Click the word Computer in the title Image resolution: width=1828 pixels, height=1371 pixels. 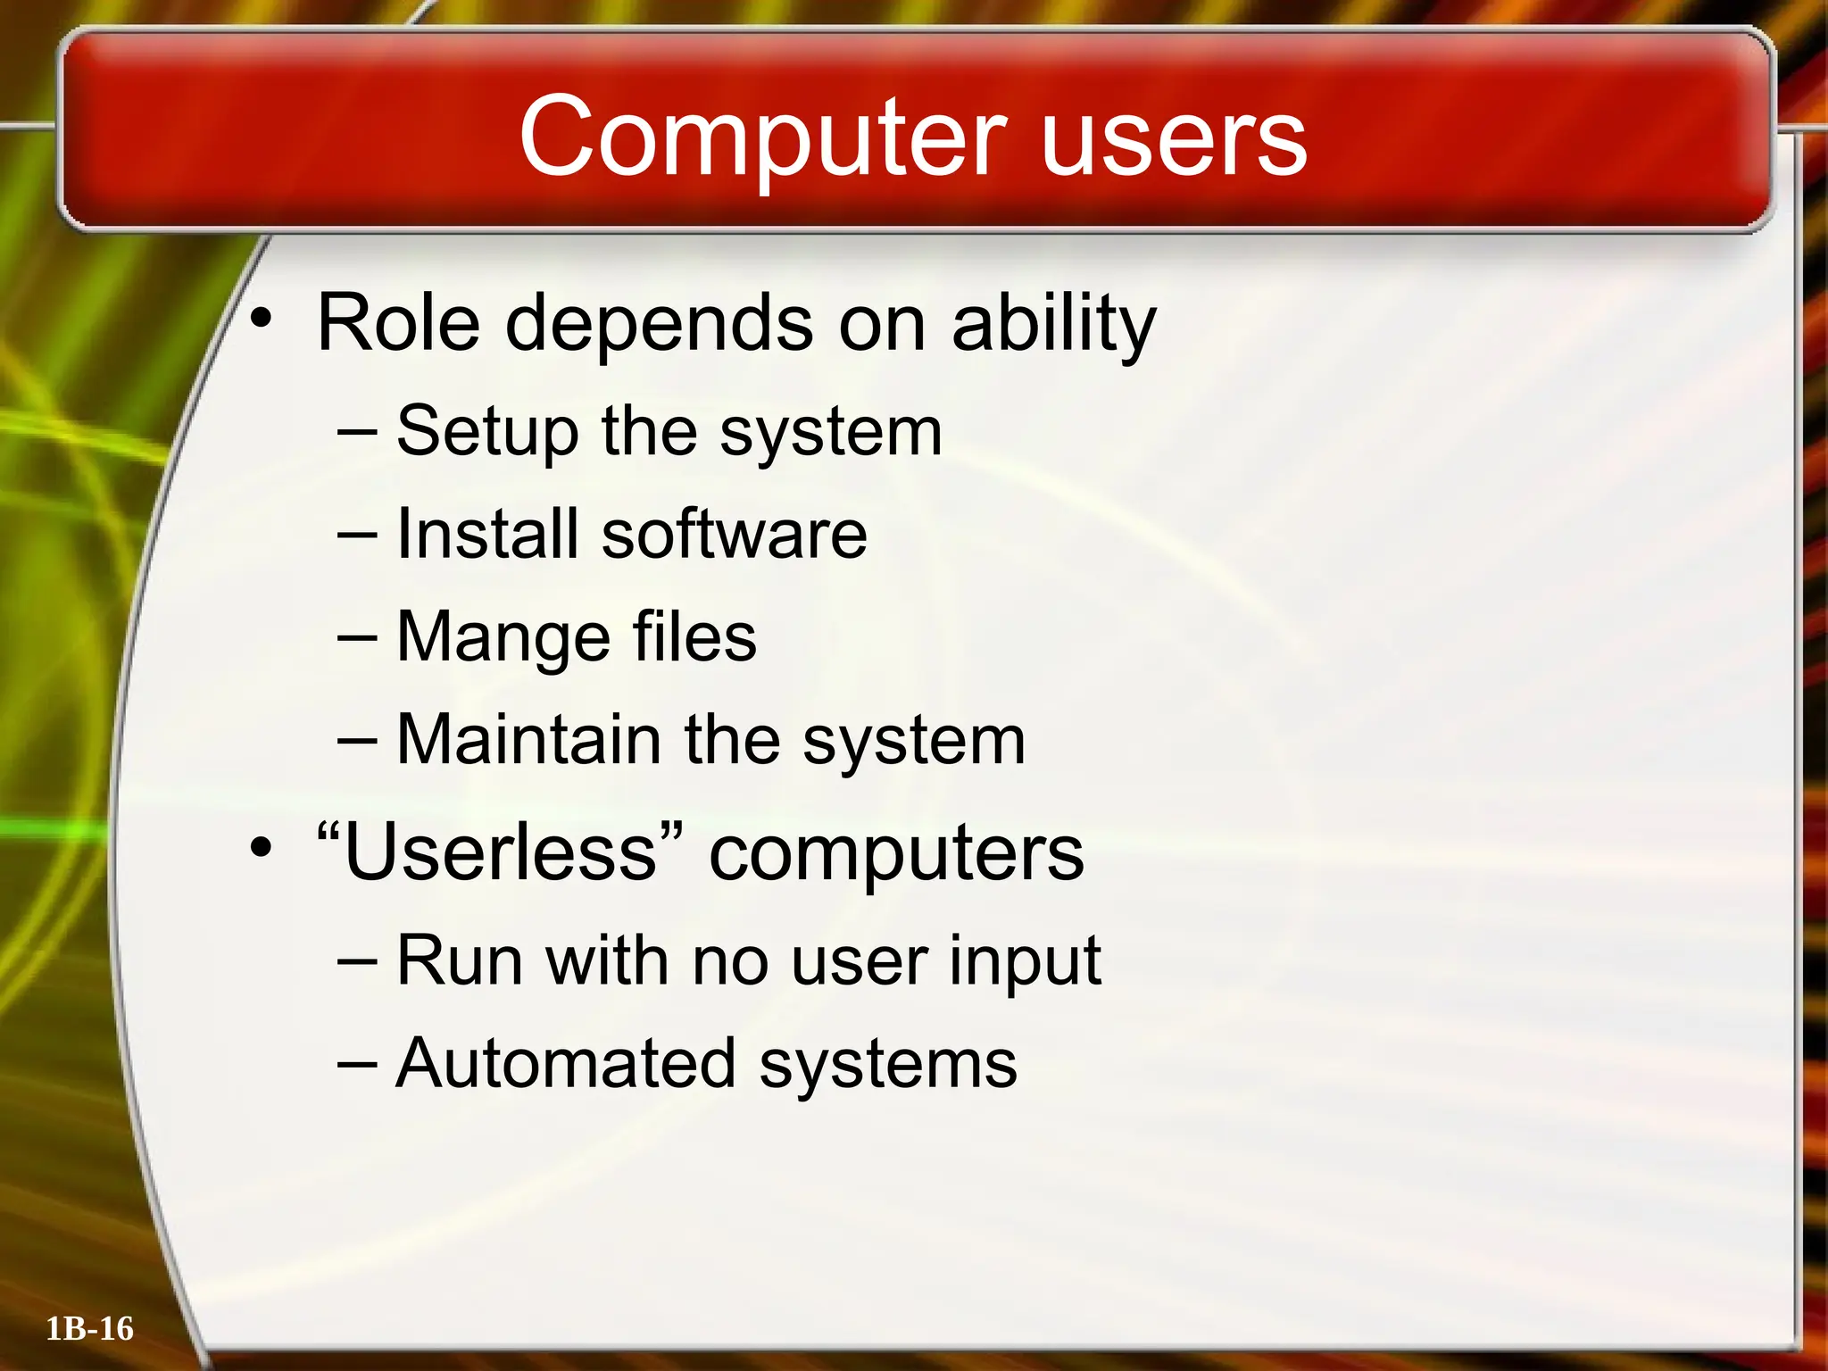[763, 138]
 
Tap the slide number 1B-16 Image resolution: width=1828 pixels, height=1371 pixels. [89, 1329]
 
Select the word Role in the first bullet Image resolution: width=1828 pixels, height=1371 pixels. [398, 323]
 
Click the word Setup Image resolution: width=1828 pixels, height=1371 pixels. [486, 432]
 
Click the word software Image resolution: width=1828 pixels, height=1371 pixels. [734, 534]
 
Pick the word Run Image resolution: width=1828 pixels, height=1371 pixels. [459, 960]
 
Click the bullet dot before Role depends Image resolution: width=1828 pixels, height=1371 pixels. [260, 318]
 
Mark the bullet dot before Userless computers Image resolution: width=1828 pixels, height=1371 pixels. [260, 847]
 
